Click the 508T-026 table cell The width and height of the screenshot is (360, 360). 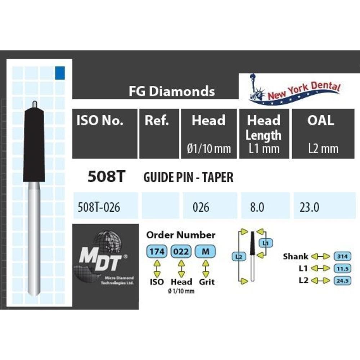tap(99, 207)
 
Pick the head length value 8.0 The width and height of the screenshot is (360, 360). tap(257, 207)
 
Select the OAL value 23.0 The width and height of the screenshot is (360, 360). tap(309, 207)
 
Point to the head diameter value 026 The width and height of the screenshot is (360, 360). tap(201, 207)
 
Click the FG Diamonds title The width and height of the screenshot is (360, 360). tap(172, 91)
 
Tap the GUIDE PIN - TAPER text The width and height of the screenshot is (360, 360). tap(188, 177)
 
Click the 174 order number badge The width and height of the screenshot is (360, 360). tap(157, 252)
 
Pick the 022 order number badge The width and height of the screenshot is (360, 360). tap(181, 252)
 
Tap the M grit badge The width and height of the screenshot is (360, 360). tap(205, 252)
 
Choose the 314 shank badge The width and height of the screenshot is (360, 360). tap(342, 256)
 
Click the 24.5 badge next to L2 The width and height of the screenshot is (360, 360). tap(342, 280)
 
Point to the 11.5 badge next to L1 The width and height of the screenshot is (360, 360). tap(342, 269)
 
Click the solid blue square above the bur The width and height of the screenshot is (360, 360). tap(60, 73)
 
